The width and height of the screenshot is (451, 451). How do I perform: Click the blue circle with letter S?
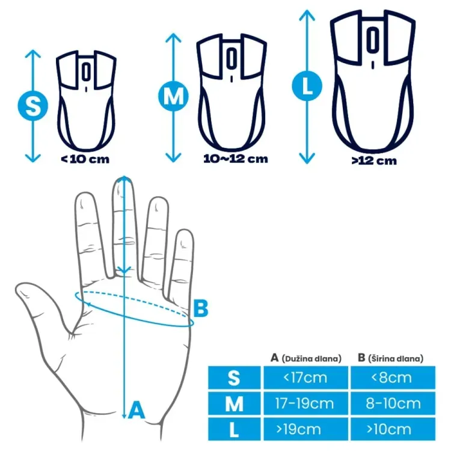coord(33,106)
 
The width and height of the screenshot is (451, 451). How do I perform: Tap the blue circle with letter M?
coord(173,96)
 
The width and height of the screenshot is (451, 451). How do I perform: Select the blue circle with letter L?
coord(307,86)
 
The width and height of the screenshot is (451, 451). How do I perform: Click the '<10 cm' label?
coord(85,159)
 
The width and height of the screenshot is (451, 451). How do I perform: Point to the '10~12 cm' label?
coord(236,159)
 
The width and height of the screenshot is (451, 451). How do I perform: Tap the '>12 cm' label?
coord(374,161)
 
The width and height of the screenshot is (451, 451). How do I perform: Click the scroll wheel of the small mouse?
coord(86,72)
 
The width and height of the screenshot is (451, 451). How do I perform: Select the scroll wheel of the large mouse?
coord(373,40)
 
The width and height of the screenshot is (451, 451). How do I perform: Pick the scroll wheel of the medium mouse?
coord(232,58)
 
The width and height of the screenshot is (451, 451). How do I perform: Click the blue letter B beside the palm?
coord(201,308)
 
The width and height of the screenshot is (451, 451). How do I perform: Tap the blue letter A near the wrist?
coord(137,410)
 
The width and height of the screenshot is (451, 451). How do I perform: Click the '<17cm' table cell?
coord(305,378)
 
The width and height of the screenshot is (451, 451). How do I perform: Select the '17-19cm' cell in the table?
coord(305,403)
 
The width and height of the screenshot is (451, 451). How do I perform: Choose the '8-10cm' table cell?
coord(393,403)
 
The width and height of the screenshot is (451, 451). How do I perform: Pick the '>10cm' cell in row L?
coord(393,429)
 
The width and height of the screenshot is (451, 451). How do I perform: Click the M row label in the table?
coord(234,403)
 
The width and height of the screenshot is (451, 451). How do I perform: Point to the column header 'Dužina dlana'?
coord(311,358)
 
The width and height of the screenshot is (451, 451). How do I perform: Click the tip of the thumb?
coord(18,289)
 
